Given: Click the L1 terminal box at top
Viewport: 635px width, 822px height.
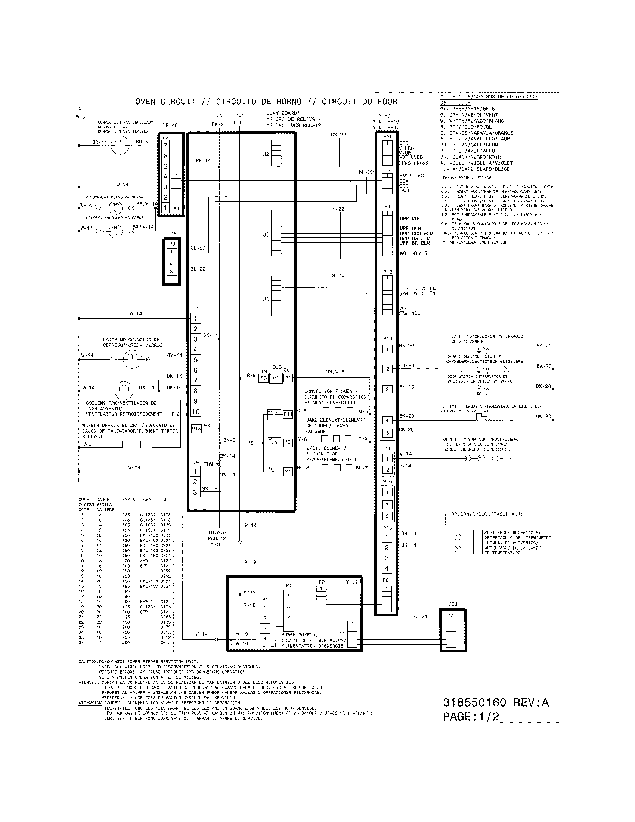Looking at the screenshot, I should click(219, 115).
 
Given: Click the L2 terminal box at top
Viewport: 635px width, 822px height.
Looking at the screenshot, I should click(240, 115).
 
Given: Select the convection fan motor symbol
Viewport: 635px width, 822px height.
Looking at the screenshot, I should click(120, 145).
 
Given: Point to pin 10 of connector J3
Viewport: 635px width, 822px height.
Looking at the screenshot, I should click(195, 411).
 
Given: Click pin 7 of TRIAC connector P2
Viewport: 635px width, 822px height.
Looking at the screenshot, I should click(165, 145).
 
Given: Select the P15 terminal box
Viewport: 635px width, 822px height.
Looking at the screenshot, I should click(196, 428).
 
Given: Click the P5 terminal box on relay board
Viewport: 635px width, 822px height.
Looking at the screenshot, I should click(250, 443).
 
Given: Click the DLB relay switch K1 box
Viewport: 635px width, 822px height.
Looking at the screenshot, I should click(276, 378).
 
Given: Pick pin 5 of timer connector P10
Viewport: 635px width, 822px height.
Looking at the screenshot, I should click(387, 433).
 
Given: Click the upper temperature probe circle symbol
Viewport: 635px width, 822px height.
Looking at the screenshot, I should click(481, 458).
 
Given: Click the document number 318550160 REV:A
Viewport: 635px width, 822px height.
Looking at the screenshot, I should click(496, 702).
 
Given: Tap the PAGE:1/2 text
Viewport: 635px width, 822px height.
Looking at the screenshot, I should click(471, 716).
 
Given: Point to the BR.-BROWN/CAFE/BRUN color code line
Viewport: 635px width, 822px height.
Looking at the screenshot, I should click(469, 145).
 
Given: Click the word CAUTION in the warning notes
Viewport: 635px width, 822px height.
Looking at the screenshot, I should click(88, 662).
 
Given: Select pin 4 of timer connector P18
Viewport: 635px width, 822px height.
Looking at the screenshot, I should click(387, 568).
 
